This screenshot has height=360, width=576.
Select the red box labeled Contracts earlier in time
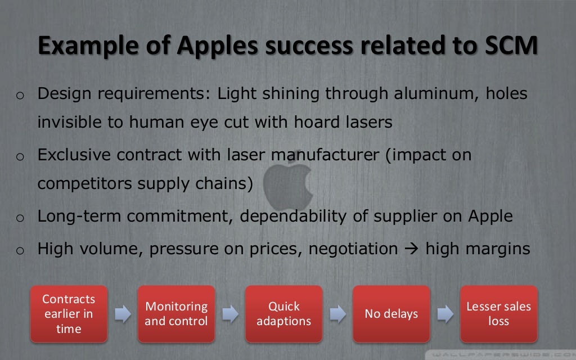coord(69,314)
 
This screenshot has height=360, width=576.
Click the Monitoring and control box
coord(176,314)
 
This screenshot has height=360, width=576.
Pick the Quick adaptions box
coord(283,314)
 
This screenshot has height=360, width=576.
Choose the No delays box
coord(391,314)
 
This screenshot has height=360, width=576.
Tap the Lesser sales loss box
coord(498,314)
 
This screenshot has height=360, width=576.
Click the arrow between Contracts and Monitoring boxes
coord(123,314)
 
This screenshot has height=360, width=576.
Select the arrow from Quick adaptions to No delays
coord(337,314)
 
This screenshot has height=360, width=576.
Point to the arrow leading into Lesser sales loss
coord(445,314)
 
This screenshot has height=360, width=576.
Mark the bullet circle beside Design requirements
coord(19,95)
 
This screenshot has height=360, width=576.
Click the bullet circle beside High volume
coord(19,250)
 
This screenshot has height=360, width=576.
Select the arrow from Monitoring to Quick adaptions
coord(230,314)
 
